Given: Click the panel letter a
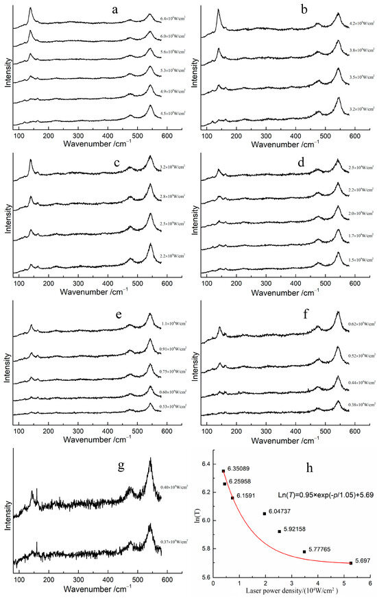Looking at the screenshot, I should click(114, 10).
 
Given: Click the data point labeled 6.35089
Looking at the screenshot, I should click(223, 471).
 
